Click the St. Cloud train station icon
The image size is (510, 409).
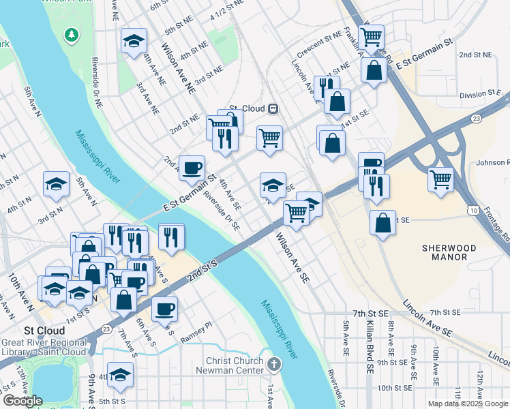(x=273, y=108)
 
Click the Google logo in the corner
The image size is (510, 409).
(x=22, y=401)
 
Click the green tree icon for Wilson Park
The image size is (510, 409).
(x=71, y=34)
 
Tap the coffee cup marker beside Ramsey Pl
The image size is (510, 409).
(x=164, y=309)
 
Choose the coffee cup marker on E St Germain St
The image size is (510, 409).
(x=192, y=167)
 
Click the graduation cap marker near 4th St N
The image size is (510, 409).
(x=56, y=183)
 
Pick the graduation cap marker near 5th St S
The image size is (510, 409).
(x=120, y=374)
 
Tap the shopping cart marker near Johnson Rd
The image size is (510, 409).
(x=441, y=180)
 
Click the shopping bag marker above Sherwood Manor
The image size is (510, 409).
(x=383, y=222)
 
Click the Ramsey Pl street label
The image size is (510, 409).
(x=197, y=338)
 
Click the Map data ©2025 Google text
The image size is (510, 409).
(x=467, y=404)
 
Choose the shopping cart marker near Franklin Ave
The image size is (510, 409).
(x=371, y=37)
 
